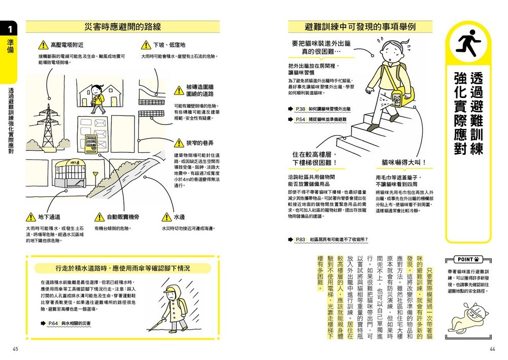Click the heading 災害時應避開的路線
(123, 27)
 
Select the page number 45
(16, 348)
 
